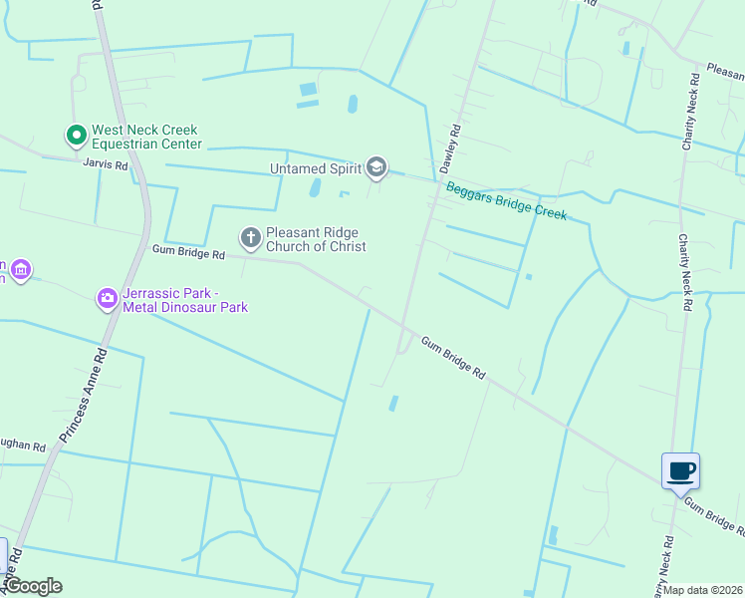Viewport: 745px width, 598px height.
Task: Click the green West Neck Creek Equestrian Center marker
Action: click(x=75, y=134)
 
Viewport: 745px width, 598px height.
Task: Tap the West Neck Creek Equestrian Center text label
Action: click(x=145, y=137)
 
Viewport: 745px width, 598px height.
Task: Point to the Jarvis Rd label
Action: click(x=106, y=165)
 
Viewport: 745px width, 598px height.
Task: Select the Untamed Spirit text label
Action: click(x=314, y=168)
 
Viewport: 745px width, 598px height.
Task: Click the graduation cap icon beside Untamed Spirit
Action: click(x=376, y=166)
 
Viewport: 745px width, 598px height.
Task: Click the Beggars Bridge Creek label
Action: click(x=506, y=200)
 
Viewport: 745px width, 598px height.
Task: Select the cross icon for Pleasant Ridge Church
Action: click(x=250, y=237)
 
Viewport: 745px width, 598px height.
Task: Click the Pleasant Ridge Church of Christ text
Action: click(x=315, y=239)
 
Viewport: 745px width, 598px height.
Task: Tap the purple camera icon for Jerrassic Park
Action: click(x=108, y=298)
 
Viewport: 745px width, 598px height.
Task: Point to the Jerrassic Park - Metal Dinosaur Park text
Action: click(x=184, y=300)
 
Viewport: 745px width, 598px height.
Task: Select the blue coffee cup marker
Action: click(x=680, y=471)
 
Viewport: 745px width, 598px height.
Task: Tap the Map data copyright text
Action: click(x=703, y=590)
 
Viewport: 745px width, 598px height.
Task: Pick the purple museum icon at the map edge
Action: click(x=20, y=270)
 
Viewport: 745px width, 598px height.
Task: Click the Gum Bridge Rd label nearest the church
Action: click(x=188, y=253)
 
